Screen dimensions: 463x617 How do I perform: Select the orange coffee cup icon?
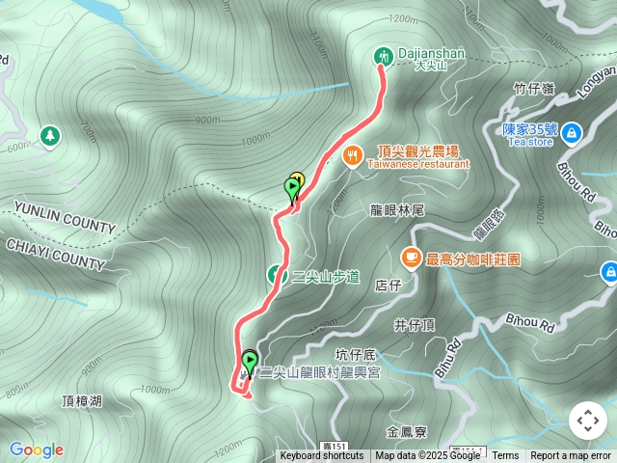411,258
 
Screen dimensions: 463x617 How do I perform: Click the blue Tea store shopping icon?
572,131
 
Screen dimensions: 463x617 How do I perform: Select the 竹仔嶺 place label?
533,89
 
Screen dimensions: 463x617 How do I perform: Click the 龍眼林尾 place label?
397,209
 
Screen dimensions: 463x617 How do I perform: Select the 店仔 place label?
388,285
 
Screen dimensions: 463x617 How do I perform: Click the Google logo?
37,449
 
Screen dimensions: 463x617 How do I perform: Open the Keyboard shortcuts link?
322,456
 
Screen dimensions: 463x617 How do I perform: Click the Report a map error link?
571,456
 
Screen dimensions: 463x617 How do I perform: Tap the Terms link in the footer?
505,456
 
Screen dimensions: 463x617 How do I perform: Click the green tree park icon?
49,136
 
